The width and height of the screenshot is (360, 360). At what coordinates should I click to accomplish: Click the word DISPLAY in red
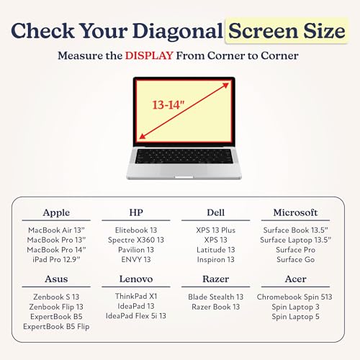(149, 55)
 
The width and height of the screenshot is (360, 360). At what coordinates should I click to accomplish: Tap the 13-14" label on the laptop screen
(168, 105)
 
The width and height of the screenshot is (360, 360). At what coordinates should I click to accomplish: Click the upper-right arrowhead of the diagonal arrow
(225, 85)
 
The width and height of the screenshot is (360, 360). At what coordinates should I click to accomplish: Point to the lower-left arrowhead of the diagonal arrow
(143, 136)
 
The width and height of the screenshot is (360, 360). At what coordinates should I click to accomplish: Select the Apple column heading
(56, 213)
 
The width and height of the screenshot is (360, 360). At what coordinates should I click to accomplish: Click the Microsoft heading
(295, 212)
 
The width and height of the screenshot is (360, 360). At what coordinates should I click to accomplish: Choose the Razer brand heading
(215, 279)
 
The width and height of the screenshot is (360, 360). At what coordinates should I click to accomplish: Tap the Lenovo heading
(136, 279)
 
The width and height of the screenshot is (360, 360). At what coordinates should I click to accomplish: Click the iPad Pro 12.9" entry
(56, 259)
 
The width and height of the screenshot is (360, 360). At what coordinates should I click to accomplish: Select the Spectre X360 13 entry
(136, 240)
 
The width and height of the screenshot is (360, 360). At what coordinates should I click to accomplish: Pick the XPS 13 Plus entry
(215, 230)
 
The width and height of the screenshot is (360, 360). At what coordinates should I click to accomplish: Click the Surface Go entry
(295, 259)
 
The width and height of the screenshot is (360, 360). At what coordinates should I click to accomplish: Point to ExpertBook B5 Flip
(56, 326)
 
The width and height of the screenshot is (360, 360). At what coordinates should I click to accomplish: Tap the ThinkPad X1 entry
(136, 297)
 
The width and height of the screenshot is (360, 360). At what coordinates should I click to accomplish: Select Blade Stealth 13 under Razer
(215, 297)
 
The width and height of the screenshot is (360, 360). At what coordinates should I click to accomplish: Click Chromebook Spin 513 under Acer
(294, 297)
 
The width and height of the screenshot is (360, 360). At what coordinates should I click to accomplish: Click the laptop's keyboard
(184, 156)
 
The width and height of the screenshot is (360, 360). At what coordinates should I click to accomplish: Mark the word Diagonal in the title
(178, 31)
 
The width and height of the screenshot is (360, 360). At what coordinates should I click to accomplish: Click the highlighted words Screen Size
(287, 31)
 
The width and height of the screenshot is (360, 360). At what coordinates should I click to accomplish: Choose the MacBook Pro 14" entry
(56, 250)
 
